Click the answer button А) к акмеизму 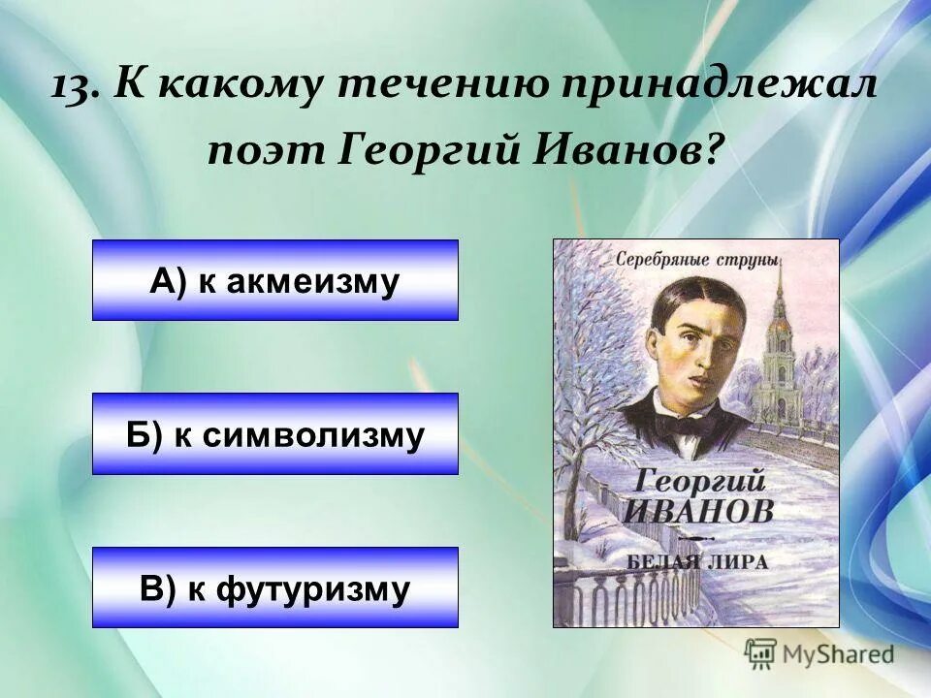coord(274,280)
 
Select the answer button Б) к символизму coord(274,434)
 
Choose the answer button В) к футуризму coord(274,587)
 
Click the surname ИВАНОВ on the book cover coord(695,511)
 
